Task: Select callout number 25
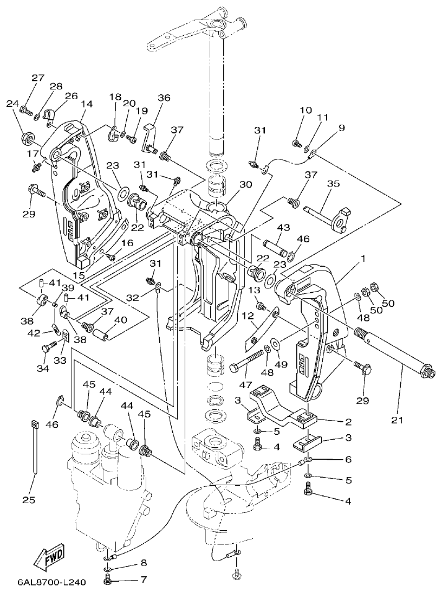click(x=28, y=499)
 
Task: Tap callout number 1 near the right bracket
click(x=362, y=258)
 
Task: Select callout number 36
click(x=164, y=98)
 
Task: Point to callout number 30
click(x=246, y=184)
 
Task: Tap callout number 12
click(x=248, y=316)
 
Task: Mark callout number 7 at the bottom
click(x=144, y=580)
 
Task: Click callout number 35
click(x=333, y=184)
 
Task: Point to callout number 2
click(x=348, y=422)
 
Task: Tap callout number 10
click(x=305, y=110)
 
